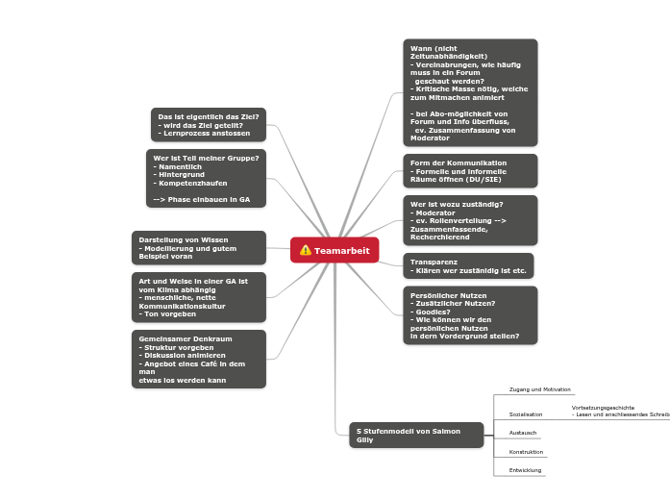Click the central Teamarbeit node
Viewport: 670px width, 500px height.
335,250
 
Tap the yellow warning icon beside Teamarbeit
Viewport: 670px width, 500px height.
306,250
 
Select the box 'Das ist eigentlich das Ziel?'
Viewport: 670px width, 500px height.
209,125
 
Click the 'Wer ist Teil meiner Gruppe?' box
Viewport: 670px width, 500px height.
206,177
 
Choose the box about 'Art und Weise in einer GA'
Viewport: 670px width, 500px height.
198,297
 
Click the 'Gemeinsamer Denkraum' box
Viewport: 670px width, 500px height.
198,359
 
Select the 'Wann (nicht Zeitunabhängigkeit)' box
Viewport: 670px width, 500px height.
470,92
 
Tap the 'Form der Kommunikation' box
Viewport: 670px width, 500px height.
470,171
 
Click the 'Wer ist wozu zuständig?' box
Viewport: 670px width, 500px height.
470,220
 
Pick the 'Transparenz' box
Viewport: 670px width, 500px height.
468,266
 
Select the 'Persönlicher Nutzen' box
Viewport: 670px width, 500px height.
470,315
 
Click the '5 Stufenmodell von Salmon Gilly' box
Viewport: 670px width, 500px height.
416,435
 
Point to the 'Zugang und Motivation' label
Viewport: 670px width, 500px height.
539,389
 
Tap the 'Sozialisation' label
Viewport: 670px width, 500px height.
526,414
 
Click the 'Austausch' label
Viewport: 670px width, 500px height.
523,433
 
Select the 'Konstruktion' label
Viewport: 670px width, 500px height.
526,452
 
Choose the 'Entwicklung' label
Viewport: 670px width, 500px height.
525,470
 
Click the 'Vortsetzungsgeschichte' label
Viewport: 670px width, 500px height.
603,408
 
